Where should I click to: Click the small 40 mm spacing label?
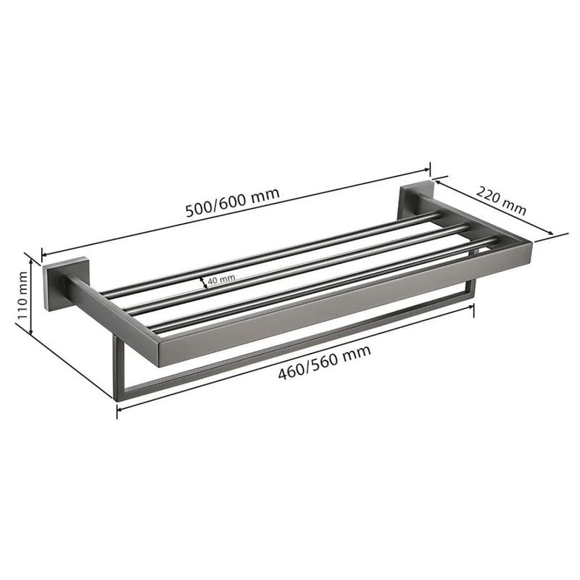click(221, 279)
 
